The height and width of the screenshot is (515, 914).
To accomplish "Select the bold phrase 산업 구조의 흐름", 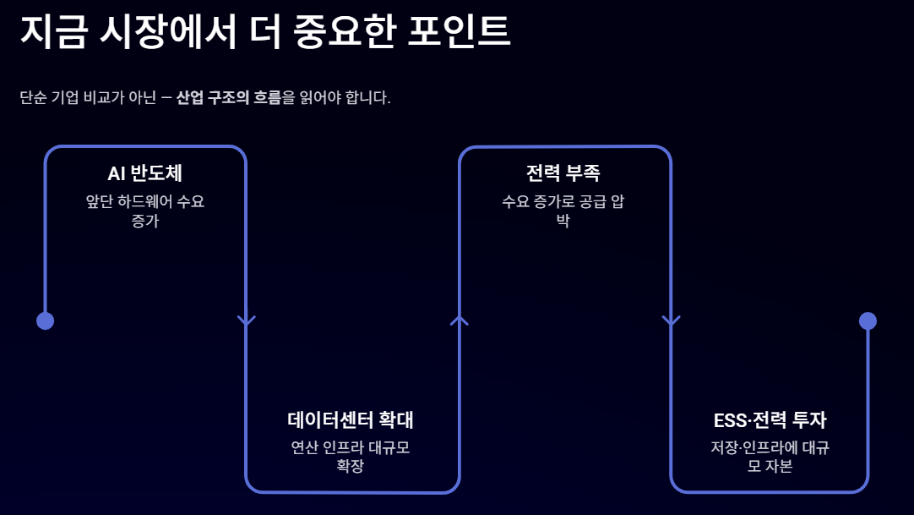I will click(228, 97).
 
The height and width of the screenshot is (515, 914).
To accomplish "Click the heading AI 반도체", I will click(145, 173).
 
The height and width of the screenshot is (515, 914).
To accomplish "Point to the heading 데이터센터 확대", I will click(351, 419).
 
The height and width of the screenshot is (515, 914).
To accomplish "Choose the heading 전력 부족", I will click(563, 173).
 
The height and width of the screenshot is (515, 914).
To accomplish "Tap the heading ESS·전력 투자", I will click(770, 419).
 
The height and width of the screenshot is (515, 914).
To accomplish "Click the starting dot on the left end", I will click(46, 321).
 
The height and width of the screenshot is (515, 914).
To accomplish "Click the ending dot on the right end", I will click(868, 321).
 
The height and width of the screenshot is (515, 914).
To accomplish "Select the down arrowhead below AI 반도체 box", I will click(246, 321).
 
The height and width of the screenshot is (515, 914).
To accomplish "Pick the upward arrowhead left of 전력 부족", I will click(459, 320).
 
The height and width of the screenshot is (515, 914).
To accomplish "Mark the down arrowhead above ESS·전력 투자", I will click(671, 321).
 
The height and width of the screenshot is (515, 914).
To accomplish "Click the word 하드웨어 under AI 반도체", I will click(142, 202).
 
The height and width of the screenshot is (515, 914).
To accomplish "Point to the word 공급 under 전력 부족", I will click(591, 202).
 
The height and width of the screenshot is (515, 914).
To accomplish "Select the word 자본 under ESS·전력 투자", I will click(779, 466).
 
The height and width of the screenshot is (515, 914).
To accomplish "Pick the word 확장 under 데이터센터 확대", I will click(351, 466).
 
